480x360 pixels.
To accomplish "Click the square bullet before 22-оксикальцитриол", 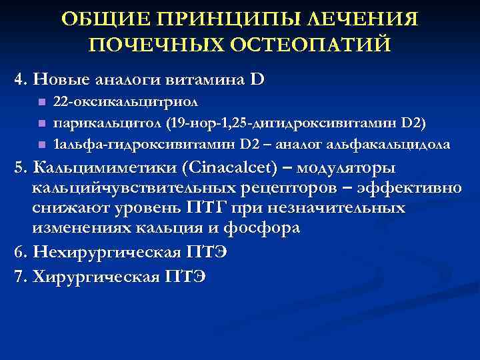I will pyautogui.click(x=41, y=103).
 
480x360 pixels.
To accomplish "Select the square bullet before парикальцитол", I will pyautogui.click(x=41, y=123).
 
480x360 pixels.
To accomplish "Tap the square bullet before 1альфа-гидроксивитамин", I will pyautogui.click(x=41, y=144).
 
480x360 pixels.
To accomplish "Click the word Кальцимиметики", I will pyautogui.click(x=101, y=167).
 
